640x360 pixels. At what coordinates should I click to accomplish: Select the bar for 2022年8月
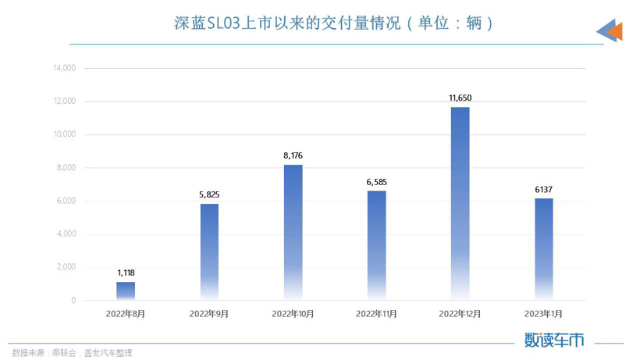point(126,290)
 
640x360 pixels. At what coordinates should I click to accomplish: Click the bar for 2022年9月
point(209,251)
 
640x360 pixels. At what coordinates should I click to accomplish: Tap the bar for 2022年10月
point(293,232)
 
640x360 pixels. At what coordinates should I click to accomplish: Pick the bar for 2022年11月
point(376,245)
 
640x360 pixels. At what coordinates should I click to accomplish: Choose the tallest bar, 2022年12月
point(460,203)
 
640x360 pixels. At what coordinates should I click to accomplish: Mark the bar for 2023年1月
point(544,249)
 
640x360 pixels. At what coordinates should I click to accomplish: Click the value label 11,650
point(460,98)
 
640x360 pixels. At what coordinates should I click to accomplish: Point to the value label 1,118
point(126,273)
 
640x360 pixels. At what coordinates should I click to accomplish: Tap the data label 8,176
point(293,155)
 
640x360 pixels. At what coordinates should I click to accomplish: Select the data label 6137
point(544,189)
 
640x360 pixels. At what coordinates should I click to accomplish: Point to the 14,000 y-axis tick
point(64,68)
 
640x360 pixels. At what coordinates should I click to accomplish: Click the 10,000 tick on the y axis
point(64,134)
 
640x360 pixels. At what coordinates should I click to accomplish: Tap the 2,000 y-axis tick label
point(66,267)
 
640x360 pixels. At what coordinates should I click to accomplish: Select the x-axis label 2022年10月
point(293,314)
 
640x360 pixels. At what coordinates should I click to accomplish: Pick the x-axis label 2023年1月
point(544,314)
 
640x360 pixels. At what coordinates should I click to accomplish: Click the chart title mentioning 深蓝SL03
point(333,23)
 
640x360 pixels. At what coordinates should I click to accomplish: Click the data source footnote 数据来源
point(71,351)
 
